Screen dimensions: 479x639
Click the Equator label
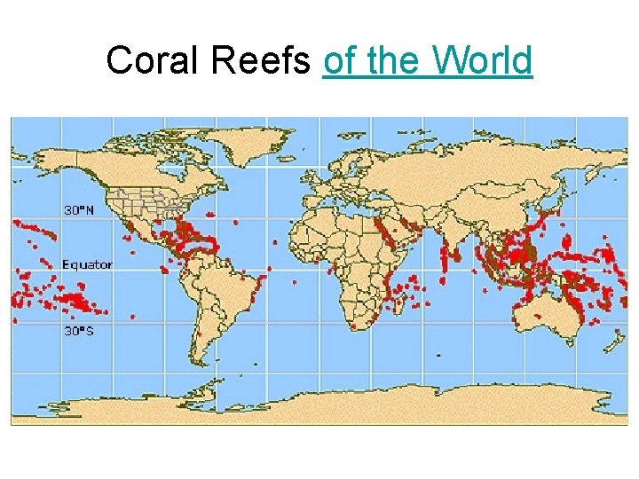click(87, 264)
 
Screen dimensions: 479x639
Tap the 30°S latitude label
click(78, 330)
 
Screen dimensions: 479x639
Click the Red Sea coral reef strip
click(383, 231)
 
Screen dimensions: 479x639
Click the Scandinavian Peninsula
click(355, 160)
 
